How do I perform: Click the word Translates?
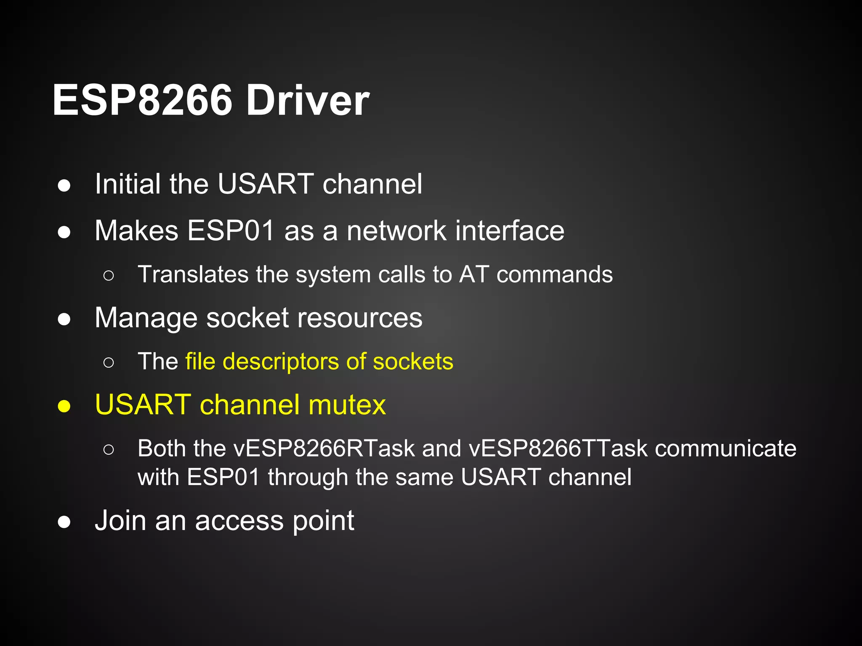[x=193, y=274]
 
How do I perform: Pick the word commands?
[x=554, y=274]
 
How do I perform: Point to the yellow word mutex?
[x=347, y=405]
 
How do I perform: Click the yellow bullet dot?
[x=64, y=406]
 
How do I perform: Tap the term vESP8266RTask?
[x=324, y=448]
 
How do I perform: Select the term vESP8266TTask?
[x=558, y=448]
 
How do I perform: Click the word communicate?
[x=726, y=448]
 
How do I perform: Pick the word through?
[x=307, y=477]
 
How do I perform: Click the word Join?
[x=120, y=521]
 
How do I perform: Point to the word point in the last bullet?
[x=323, y=522]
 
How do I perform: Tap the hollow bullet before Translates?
[x=108, y=276]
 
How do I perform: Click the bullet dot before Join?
[x=64, y=522]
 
